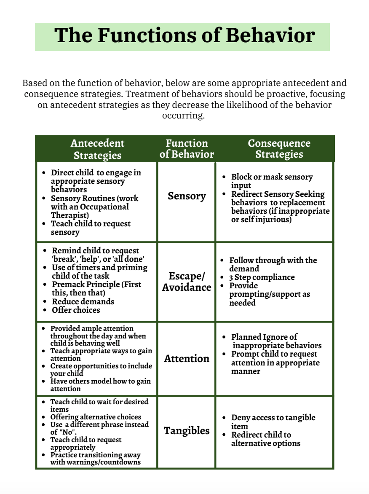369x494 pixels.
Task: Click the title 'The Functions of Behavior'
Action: point(184,36)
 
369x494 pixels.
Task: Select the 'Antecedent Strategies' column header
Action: point(97,149)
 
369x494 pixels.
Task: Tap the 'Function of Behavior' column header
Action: point(187,149)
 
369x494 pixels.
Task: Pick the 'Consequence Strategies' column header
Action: point(279,149)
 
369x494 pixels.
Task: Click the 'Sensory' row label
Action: point(187,196)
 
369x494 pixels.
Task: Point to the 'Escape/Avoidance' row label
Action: point(187,282)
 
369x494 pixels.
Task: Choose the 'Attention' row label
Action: point(187,359)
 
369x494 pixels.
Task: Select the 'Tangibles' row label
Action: point(187,431)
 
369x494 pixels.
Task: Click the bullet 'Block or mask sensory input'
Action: point(272,181)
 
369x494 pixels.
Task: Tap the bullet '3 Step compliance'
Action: point(262,277)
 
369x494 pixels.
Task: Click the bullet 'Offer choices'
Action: point(76,310)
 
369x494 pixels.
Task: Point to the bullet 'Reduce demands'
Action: point(83,302)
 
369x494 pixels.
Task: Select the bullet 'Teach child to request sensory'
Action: point(91,228)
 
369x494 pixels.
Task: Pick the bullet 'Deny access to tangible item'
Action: point(273,422)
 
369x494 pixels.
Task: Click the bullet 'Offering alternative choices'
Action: point(96,417)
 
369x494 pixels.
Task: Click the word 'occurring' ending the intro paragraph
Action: point(183,116)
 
